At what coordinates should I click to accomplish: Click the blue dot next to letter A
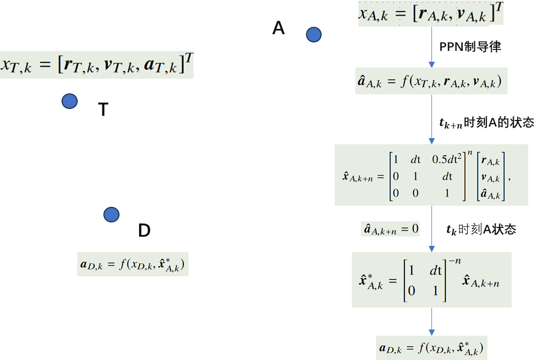[314, 35]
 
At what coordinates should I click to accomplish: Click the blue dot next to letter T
[70, 101]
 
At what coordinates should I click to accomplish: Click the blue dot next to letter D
[111, 215]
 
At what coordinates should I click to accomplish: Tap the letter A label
[278, 29]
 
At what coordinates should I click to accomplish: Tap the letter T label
[103, 110]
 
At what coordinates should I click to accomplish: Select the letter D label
[144, 231]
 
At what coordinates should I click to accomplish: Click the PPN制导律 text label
[470, 47]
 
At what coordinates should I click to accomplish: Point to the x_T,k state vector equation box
[96, 65]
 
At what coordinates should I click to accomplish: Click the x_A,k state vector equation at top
[430, 14]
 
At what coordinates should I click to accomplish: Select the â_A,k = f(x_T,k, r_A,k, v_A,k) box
[431, 81]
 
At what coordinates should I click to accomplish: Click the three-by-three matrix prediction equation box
[431, 175]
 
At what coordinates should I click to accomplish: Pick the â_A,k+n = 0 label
[391, 229]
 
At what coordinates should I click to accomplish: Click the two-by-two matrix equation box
[431, 280]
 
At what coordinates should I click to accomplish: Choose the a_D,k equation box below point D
[133, 264]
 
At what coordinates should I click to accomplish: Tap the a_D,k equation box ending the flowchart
[431, 347]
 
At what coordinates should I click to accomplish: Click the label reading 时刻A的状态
[499, 123]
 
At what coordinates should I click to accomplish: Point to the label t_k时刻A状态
[481, 229]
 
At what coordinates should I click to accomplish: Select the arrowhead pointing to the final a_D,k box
[431, 332]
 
